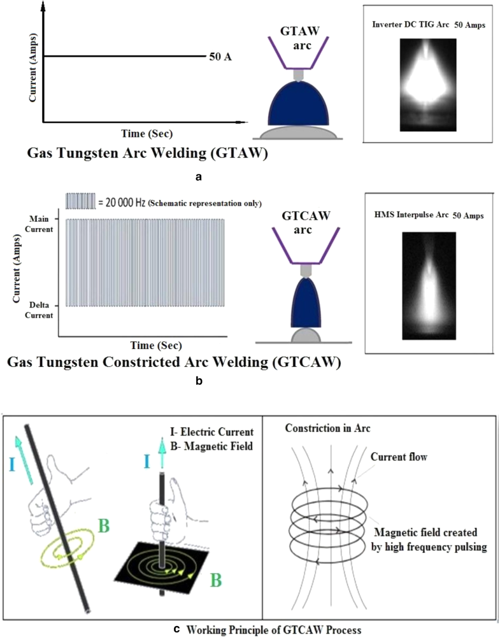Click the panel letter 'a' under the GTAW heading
click(x=199, y=176)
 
